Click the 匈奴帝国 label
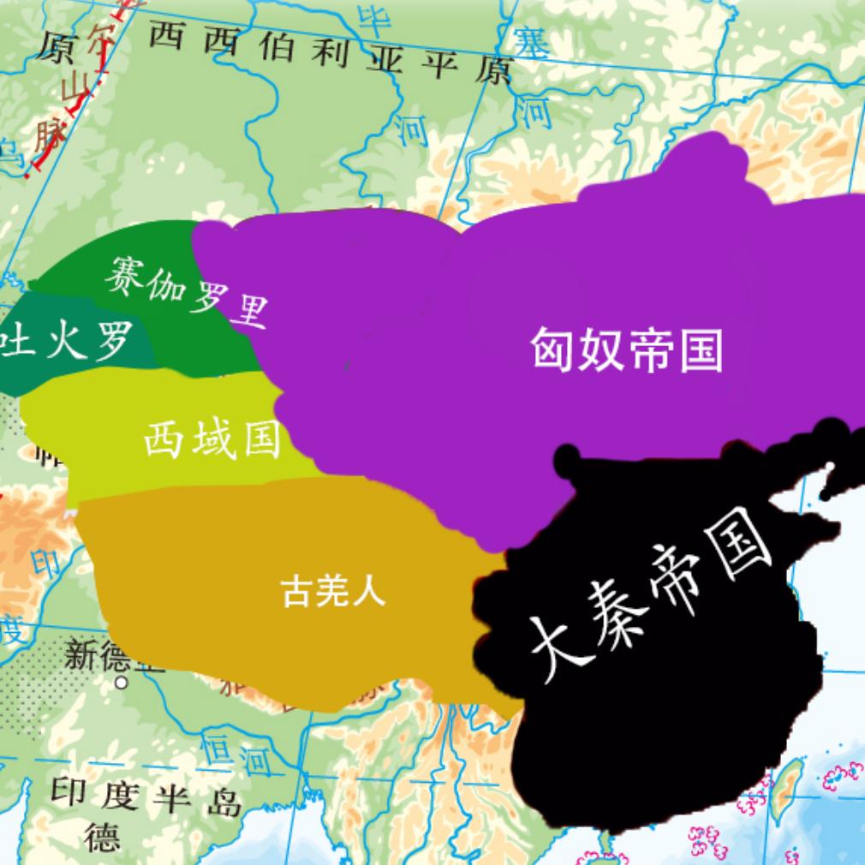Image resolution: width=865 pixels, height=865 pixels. click(626, 350)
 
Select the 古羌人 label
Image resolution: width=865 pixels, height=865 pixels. click(334, 590)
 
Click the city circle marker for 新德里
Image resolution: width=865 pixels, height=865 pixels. click(122, 683)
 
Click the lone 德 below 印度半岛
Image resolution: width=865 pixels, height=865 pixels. click(102, 837)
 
